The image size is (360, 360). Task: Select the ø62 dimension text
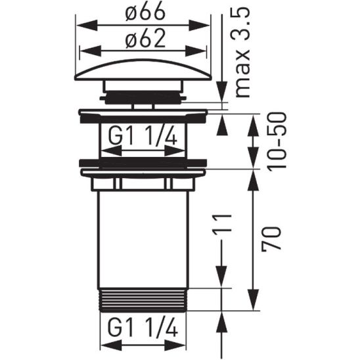pos(144,40)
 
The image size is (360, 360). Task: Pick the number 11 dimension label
pos(225,227)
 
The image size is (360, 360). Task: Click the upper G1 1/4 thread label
pos(143,137)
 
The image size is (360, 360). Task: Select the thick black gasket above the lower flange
pos(143,162)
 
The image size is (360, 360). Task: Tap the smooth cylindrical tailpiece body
pos(143,236)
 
